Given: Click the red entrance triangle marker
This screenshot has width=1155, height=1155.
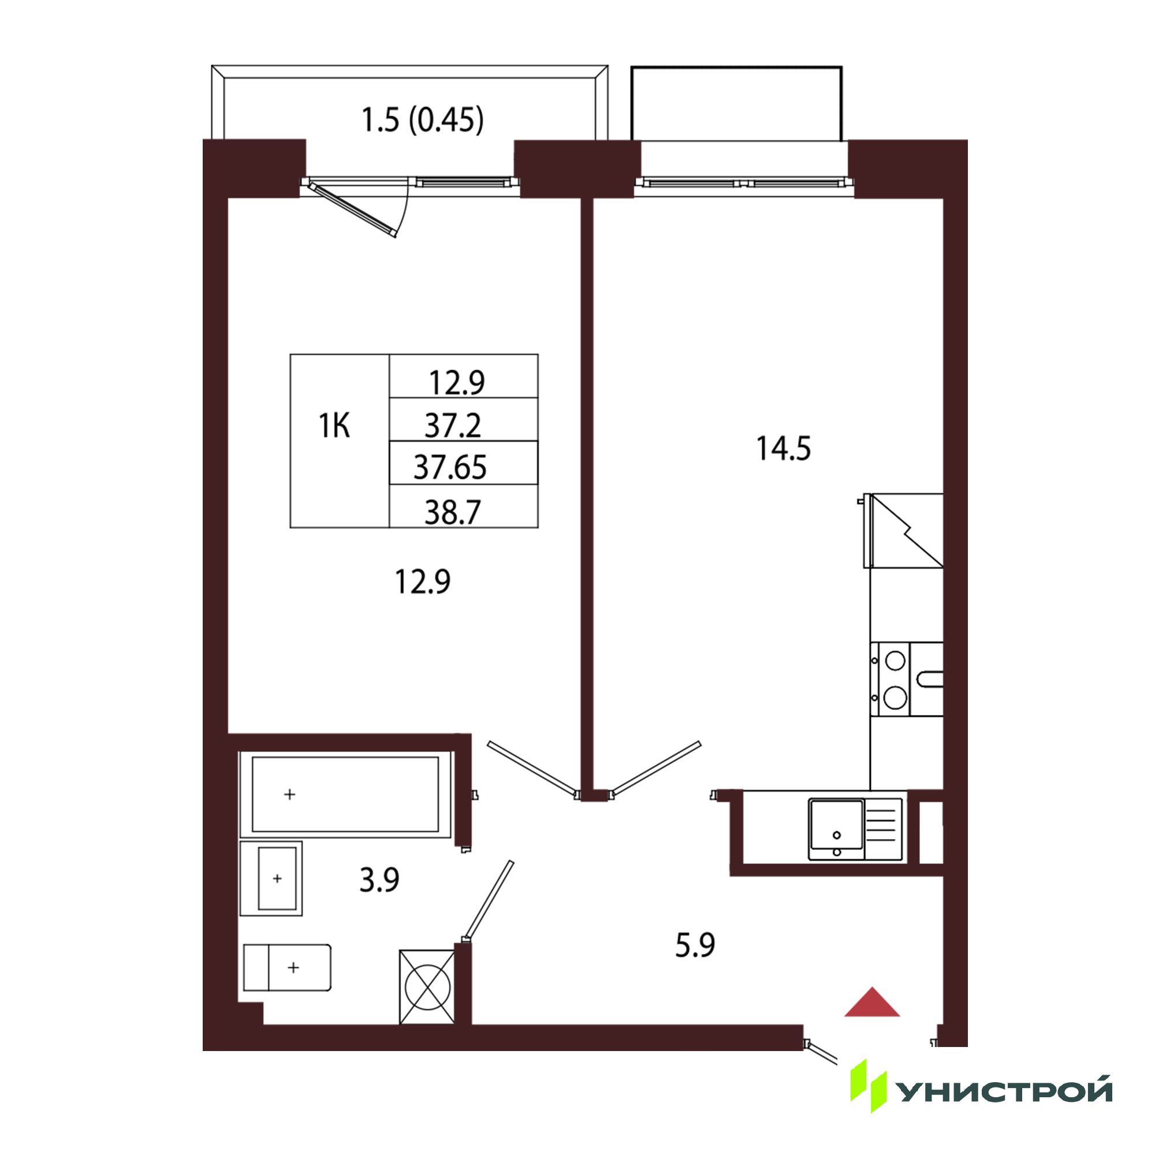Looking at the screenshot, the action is click(x=872, y=1003).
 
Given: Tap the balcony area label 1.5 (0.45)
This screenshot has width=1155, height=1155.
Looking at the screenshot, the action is click(x=423, y=120).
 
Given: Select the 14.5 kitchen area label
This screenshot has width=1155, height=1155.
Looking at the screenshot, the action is click(x=783, y=448).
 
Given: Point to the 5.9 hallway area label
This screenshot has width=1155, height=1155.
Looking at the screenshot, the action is click(x=695, y=946).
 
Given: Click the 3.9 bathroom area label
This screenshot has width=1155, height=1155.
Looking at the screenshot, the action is click(x=379, y=880).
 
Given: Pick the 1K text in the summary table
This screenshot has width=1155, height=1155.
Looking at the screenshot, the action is click(x=334, y=426).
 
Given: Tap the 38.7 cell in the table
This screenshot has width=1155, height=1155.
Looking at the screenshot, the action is click(x=453, y=512).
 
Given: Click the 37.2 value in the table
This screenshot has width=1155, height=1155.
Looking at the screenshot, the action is click(x=453, y=426).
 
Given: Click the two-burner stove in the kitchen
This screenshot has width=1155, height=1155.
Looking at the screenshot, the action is click(x=891, y=679).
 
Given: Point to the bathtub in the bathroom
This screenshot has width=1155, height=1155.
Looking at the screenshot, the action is click(x=345, y=795).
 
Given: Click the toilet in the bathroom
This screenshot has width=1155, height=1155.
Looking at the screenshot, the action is click(x=288, y=967).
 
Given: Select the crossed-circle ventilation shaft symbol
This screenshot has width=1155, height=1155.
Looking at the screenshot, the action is click(x=427, y=987).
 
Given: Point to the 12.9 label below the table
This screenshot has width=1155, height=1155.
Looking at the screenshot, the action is click(x=422, y=582).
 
